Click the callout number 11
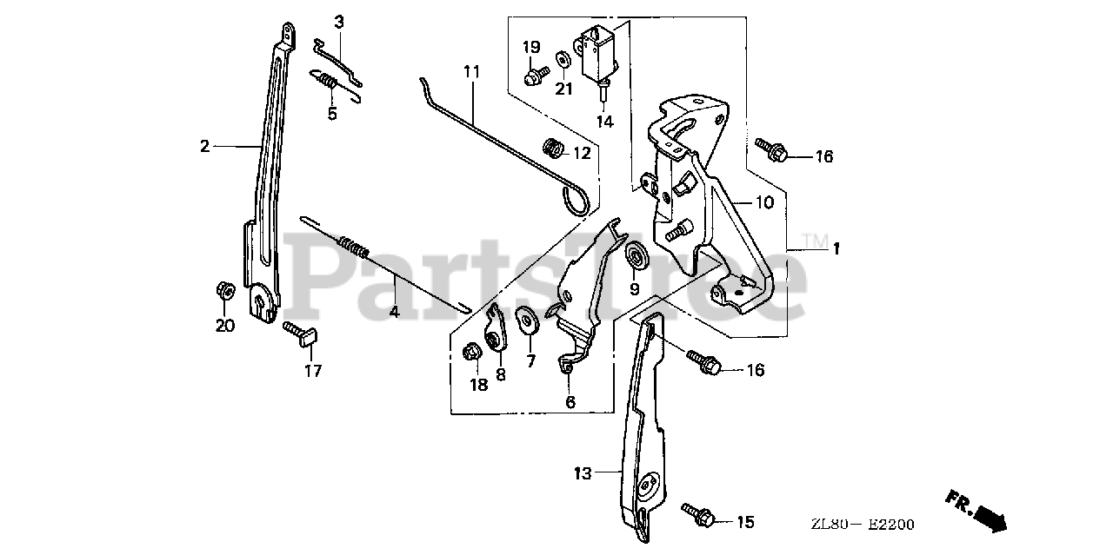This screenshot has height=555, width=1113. [471, 72]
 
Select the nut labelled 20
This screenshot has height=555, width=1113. [223, 290]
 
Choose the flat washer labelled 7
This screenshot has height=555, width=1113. [527, 319]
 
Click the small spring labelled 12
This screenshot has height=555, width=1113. [551, 149]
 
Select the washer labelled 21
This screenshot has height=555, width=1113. [563, 59]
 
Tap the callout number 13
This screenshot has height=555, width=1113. [582, 473]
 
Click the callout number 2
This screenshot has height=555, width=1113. [204, 147]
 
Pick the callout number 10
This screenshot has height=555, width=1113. [763, 204]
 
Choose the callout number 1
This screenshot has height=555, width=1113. [835, 249]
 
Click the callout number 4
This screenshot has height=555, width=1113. [394, 311]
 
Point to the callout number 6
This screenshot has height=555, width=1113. [570, 402]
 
